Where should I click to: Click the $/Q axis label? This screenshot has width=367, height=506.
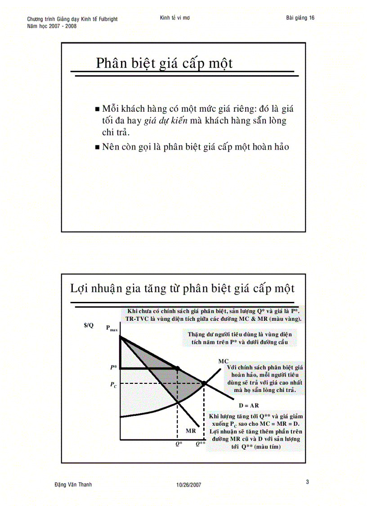(x=89, y=326)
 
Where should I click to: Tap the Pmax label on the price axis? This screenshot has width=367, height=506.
(x=112, y=328)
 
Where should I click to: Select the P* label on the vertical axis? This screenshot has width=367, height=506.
(x=113, y=368)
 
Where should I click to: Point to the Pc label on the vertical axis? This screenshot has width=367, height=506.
(x=114, y=385)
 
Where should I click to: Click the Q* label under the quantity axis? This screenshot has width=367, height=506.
(x=179, y=444)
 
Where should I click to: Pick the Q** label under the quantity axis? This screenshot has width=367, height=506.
(x=200, y=444)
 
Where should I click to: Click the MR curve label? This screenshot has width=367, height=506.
(x=190, y=431)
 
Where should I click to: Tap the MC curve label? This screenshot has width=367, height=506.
(x=224, y=361)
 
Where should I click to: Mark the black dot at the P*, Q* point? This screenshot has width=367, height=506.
(x=177, y=369)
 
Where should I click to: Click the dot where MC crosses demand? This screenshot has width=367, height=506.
(x=204, y=383)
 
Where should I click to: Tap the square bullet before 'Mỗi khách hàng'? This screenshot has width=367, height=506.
(x=98, y=109)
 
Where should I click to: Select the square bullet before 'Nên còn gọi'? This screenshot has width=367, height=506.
(x=98, y=147)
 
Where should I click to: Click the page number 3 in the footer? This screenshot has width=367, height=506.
(x=307, y=482)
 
